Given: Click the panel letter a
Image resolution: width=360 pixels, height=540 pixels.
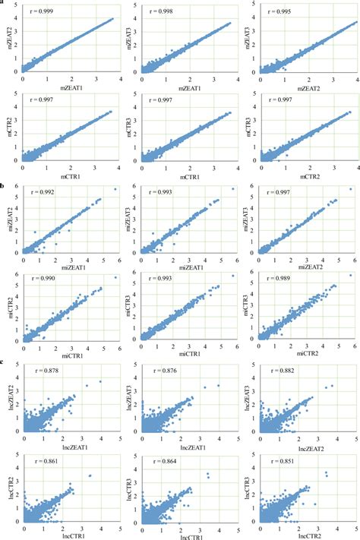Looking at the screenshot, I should click(3, 4).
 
